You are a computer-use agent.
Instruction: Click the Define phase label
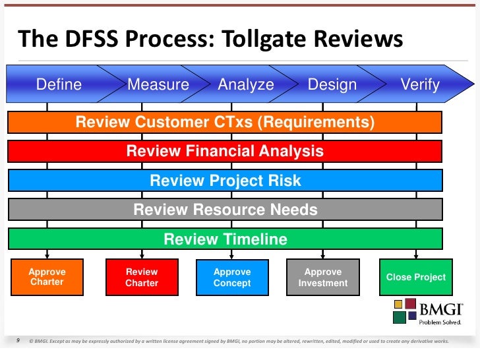(x=59, y=85)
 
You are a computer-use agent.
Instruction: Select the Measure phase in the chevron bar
(x=158, y=85)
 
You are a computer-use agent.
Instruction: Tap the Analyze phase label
(x=246, y=85)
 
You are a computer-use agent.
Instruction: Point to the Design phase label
(x=332, y=85)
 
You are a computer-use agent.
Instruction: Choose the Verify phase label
(x=420, y=85)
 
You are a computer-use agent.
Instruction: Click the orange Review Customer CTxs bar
(x=225, y=123)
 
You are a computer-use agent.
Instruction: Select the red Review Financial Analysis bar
(x=225, y=152)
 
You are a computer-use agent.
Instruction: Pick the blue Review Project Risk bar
(x=225, y=181)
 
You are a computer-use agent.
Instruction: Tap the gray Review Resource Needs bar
(x=225, y=210)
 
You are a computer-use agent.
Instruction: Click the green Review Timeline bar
(x=225, y=239)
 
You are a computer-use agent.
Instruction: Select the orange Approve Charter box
(x=47, y=277)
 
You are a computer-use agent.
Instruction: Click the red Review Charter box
(x=142, y=277)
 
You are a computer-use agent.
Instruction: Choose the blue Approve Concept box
(x=232, y=277)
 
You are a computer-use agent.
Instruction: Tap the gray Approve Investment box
(x=322, y=277)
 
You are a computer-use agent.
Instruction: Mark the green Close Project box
(x=416, y=277)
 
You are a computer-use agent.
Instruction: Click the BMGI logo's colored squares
(x=405, y=311)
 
